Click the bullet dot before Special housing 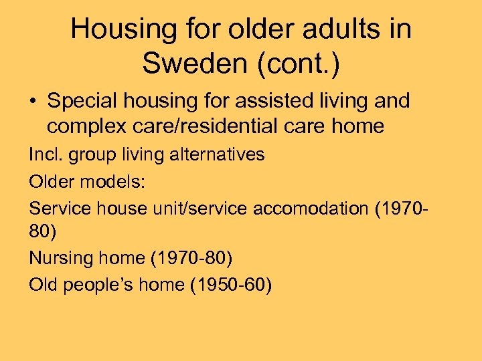coord(33,102)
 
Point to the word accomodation coord(311,208)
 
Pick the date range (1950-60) coord(230,284)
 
